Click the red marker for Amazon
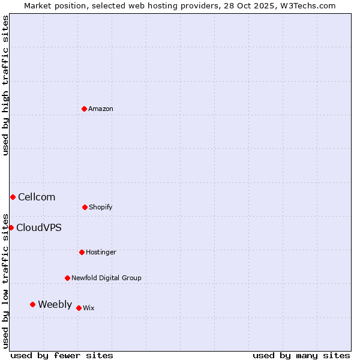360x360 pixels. (x=84, y=109)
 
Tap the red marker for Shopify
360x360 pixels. (x=85, y=207)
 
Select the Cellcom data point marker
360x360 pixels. (x=13, y=197)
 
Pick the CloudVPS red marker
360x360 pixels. (x=11, y=227)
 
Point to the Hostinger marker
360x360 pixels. (x=82, y=252)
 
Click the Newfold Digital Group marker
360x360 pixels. (x=67, y=278)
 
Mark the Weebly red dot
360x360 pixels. (x=32, y=304)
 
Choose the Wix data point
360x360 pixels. (x=79, y=308)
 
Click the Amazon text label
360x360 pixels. (x=101, y=109)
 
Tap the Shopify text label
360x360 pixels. (x=101, y=207)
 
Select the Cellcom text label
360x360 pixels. (x=37, y=197)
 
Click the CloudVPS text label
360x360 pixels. (x=39, y=227)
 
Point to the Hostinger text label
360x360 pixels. (x=101, y=252)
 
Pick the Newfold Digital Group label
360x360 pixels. (x=106, y=278)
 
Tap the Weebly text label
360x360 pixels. (x=55, y=304)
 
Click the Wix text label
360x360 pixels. (x=89, y=308)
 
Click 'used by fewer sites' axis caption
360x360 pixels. (x=62, y=355)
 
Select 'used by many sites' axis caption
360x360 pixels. (x=301, y=355)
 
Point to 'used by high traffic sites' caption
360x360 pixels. (x=5, y=85)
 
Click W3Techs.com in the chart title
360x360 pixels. (x=305, y=5)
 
